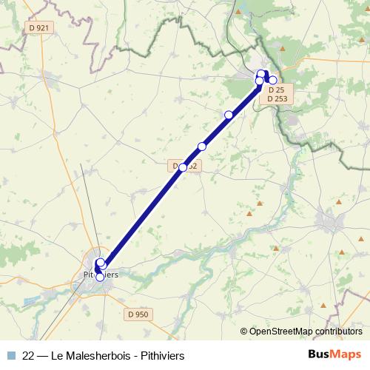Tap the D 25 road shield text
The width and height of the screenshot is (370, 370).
pyautogui.click(x=275, y=90)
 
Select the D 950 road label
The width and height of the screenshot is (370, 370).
pyautogui.click(x=138, y=314)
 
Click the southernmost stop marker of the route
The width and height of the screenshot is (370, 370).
pyautogui.click(x=101, y=277)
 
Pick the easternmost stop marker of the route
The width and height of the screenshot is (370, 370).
pyautogui.click(x=272, y=80)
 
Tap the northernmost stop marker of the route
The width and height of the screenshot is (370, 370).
pyautogui.click(x=262, y=73)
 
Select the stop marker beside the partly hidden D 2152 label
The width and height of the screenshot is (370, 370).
pyautogui.click(x=183, y=167)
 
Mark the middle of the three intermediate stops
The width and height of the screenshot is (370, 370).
pyautogui.click(x=201, y=147)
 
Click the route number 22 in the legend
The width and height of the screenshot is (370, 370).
pyautogui.click(x=28, y=355)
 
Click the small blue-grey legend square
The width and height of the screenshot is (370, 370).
pyautogui.click(x=10, y=355)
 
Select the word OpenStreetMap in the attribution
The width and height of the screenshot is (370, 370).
pyautogui.click(x=277, y=332)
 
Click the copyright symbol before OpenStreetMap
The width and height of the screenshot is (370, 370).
pyautogui.click(x=243, y=332)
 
